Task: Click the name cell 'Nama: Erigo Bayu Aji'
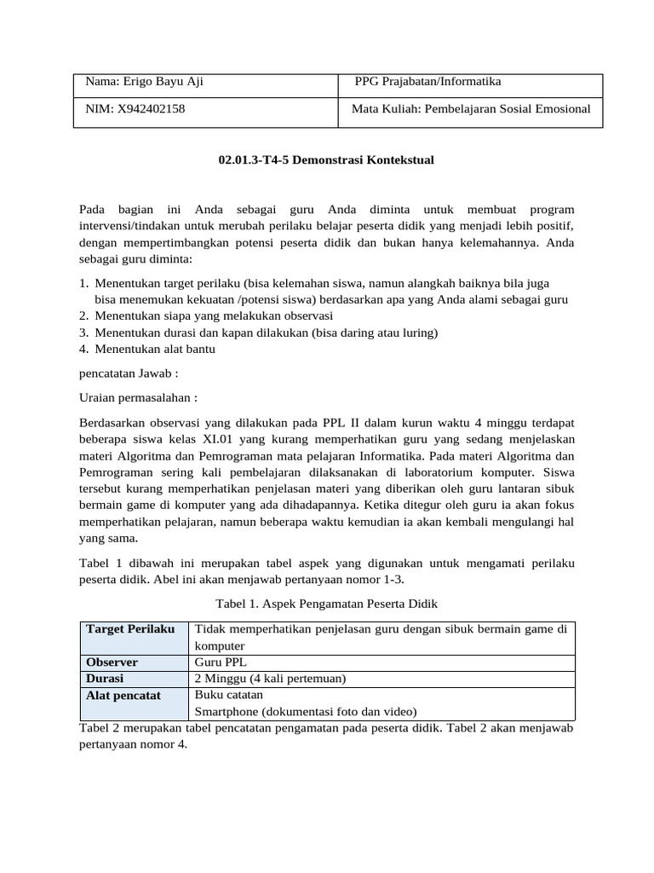click(144, 82)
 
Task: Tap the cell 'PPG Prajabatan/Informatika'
click(427, 82)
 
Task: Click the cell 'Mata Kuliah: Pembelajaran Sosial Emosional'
click(471, 109)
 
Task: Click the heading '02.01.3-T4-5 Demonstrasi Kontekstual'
click(326, 159)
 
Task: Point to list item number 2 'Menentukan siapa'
click(213, 315)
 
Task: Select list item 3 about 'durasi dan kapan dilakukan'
click(267, 332)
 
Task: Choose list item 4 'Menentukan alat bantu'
click(155, 349)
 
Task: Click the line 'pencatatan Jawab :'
click(129, 373)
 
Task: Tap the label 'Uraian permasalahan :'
click(138, 397)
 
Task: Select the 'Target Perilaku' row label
click(129, 629)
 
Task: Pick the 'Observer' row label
click(112, 662)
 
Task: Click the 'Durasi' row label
click(105, 679)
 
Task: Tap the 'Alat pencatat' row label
click(123, 696)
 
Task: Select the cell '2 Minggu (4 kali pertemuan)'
click(270, 679)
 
